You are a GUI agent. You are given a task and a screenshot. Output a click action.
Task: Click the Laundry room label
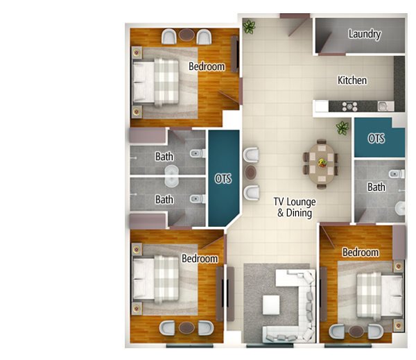(365, 34)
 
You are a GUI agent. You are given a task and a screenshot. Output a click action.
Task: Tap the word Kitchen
(352, 80)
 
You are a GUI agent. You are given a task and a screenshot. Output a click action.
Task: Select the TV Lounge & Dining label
(295, 207)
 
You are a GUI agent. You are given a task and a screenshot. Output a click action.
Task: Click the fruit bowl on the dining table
(322, 163)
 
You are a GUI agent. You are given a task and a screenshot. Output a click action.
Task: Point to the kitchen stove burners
(349, 106)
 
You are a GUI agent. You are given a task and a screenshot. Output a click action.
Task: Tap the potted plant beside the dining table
(343, 128)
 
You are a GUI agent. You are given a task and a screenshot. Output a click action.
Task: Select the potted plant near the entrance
(250, 26)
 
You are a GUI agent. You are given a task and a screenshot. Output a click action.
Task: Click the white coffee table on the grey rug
(271, 305)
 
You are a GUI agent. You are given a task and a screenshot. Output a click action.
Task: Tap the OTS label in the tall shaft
(223, 179)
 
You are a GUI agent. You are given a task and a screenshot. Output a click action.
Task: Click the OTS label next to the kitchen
(376, 138)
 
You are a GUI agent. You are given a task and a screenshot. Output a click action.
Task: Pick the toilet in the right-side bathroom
(397, 174)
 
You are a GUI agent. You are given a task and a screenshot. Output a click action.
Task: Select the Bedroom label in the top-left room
(207, 67)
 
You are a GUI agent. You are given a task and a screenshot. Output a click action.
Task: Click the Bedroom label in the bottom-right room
(361, 252)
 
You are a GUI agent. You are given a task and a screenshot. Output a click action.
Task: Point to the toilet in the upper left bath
(198, 153)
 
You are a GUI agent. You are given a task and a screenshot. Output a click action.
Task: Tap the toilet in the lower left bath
(198, 198)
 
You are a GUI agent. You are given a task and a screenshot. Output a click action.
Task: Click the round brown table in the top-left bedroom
(187, 35)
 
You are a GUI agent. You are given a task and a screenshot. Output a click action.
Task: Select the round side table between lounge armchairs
(251, 172)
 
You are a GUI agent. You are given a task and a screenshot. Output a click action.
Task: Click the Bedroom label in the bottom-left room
(200, 259)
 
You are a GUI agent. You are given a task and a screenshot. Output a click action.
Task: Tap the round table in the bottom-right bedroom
(356, 332)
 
